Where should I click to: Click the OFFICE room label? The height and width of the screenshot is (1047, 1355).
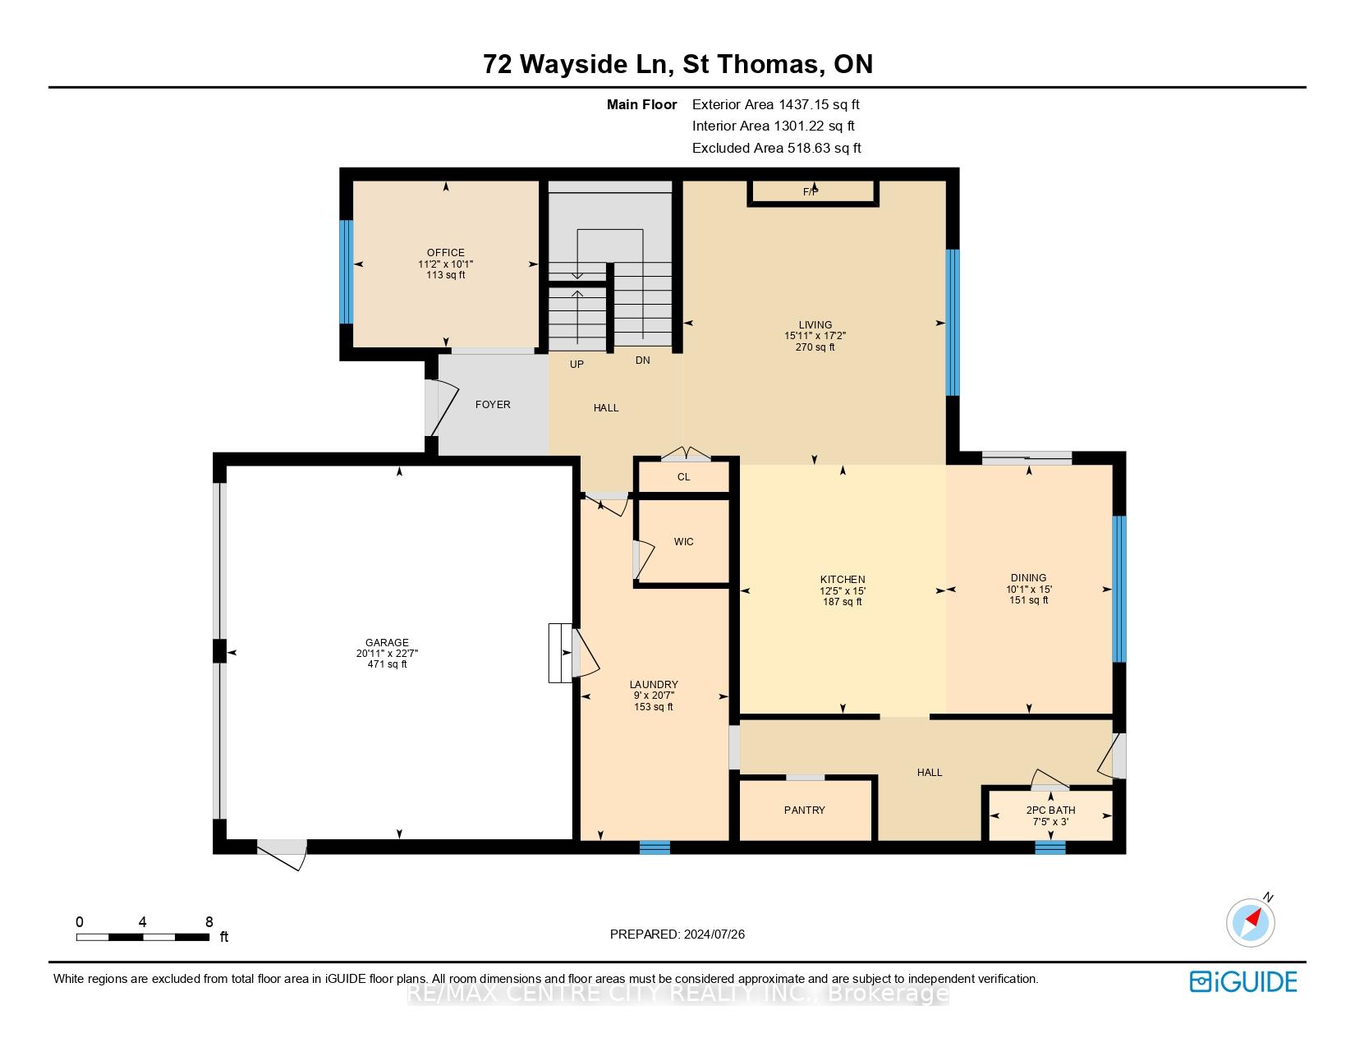point(445,253)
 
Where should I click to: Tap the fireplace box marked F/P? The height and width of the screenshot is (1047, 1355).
point(812,193)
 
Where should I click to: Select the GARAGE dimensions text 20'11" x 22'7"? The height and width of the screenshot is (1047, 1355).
point(387,654)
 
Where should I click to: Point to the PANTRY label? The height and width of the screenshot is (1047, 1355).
point(805,810)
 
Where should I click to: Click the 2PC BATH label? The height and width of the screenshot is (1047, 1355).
point(1050,810)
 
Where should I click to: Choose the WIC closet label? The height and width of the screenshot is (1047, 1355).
point(683,542)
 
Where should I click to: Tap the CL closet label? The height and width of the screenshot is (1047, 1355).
point(683,477)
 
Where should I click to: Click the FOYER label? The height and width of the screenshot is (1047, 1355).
point(493,405)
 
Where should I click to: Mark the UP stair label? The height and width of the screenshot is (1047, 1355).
point(576,364)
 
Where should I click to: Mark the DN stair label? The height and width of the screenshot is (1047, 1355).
point(642,360)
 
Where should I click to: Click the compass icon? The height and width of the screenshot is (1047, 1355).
point(1250,922)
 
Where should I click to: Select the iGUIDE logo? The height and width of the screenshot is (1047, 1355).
point(1243,981)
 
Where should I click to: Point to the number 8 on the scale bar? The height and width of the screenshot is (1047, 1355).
point(209,921)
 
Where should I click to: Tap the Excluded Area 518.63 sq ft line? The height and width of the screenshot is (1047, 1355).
point(776,148)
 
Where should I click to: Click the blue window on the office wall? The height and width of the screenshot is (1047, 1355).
point(346,272)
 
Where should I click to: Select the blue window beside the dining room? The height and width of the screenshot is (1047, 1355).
point(1119,589)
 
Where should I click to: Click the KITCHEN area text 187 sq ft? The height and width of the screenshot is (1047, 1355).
point(842,602)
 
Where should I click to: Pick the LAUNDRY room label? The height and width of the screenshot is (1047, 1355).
point(654,684)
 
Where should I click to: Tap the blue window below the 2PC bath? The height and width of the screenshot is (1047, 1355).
point(1050,847)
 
